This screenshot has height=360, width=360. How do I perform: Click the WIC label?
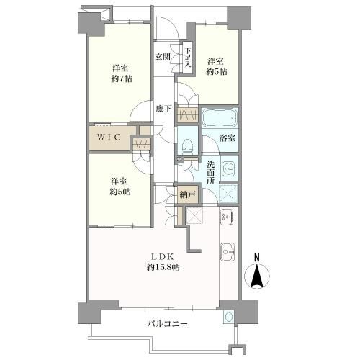tap(109, 138)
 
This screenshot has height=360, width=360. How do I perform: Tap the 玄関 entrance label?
tap(163, 57)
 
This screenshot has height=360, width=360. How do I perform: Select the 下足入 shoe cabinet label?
tap(188, 58)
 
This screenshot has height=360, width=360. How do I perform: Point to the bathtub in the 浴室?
tap(219, 117)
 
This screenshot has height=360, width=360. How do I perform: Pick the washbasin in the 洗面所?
tap(229, 168)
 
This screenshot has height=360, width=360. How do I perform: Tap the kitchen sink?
tap(228, 252)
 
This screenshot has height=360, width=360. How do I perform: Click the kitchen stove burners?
tap(227, 216)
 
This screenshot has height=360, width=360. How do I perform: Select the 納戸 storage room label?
tap(187, 194)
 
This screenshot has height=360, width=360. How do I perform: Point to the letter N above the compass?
tap(257, 258)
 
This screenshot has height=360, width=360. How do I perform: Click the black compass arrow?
tap(257, 276)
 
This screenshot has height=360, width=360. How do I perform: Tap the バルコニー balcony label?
tap(167, 325)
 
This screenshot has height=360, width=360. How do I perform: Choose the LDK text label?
tap(162, 257)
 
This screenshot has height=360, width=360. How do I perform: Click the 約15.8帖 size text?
tap(163, 267)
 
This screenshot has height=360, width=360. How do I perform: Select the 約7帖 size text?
tap(122, 78)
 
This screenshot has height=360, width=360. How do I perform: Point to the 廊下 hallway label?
tap(163, 109)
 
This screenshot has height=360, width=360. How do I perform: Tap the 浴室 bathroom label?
tap(227, 138)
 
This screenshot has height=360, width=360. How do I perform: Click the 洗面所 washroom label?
tap(211, 172)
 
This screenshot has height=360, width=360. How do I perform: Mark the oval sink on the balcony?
tap(229, 317)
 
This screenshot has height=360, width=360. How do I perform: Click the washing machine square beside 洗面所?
tap(229, 194)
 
